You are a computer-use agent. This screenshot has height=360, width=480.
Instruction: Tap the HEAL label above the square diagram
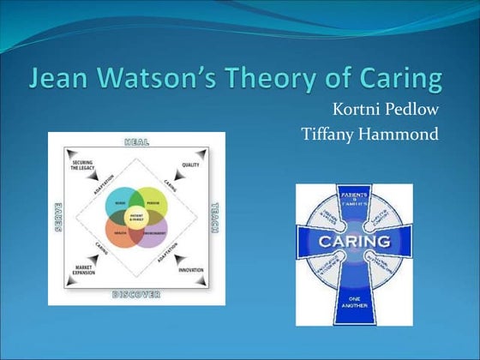(x=138, y=141)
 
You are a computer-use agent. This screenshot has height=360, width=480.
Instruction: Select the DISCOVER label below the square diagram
(x=137, y=295)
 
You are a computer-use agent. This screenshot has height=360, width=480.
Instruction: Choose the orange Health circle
(x=120, y=232)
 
